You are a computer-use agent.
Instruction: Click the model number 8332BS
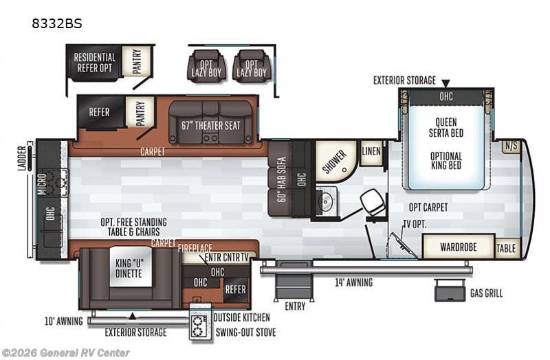pos(57,23)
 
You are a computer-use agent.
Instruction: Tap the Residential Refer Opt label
pos(94,63)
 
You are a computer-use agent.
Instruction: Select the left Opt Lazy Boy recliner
pos(206,66)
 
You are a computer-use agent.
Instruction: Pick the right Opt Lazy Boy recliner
pos(252,66)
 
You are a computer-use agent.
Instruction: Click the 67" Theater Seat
pos(211,123)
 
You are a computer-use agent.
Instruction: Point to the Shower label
pos(334,162)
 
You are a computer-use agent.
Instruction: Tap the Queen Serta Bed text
pos(446,128)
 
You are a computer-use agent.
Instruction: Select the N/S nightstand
pos(511,146)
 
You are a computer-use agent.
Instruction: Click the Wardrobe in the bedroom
pos(459,247)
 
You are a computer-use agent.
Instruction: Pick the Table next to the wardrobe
pos(506,248)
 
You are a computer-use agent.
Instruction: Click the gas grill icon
pos(450,291)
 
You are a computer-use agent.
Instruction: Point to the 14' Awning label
pos(353,282)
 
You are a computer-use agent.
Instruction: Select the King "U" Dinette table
pos(130,267)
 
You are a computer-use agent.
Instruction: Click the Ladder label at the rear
pos(22,159)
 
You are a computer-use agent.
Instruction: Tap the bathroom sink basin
pos(326,201)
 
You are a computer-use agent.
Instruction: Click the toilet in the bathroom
pos(373,201)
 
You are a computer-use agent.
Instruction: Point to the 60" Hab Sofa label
pos(283,179)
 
